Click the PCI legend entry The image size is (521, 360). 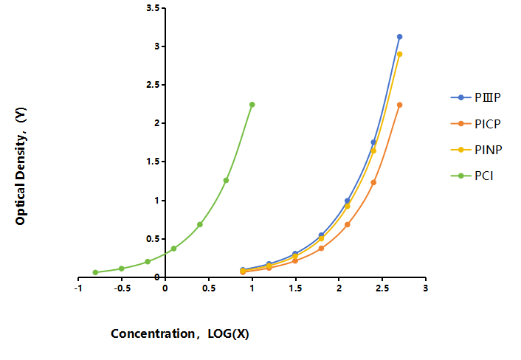(472, 176)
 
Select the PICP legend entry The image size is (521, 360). (476, 124)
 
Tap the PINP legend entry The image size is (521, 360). (477, 150)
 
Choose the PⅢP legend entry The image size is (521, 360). (476, 97)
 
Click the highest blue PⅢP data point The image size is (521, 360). (400, 37)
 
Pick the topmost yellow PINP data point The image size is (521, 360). (400, 54)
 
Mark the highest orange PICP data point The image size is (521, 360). (400, 105)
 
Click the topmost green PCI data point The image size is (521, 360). (252, 105)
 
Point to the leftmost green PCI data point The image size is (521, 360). (95, 272)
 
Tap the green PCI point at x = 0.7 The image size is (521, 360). (226, 180)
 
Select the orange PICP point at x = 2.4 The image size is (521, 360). (373, 182)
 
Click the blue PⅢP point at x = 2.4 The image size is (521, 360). (373, 142)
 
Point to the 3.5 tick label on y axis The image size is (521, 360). (153, 7)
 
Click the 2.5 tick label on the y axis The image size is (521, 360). (153, 85)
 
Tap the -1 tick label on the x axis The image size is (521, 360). (78, 288)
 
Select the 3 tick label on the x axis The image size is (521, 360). (426, 288)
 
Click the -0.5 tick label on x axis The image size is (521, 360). (122, 288)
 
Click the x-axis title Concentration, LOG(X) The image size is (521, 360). (180, 333)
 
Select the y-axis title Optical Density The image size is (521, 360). (21, 167)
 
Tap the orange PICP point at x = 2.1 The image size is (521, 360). (348, 224)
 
